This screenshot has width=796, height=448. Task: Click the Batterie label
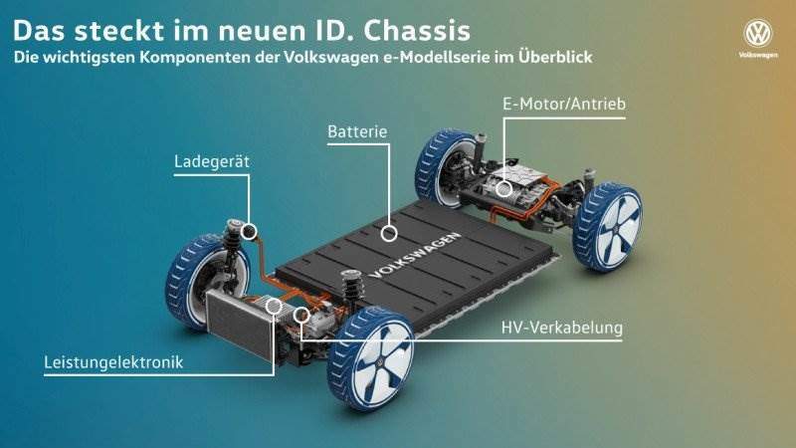pyautogui.click(x=356, y=131)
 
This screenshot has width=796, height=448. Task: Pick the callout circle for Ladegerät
pyautogui.click(x=249, y=232)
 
